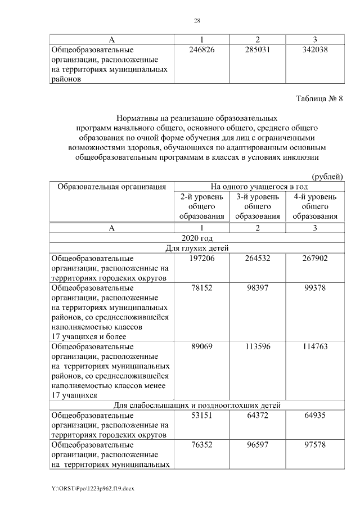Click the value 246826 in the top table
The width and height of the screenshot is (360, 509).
(202, 49)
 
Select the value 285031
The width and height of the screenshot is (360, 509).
(258, 49)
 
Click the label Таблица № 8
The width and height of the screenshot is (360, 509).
(319, 99)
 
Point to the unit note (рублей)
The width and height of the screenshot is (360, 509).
(327, 177)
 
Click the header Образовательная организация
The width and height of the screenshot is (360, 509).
(109, 187)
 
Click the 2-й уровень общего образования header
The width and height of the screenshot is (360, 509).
(202, 206)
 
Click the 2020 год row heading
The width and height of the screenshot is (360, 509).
(196, 238)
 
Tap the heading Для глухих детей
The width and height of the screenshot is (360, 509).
(196, 248)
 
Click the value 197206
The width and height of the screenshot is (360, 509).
(202, 258)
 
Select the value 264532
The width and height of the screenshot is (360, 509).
(258, 258)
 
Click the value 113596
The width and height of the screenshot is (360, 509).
(258, 346)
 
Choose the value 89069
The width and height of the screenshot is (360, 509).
(202, 346)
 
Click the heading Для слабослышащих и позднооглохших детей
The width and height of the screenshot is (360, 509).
(196, 405)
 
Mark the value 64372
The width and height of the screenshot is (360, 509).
(258, 416)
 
